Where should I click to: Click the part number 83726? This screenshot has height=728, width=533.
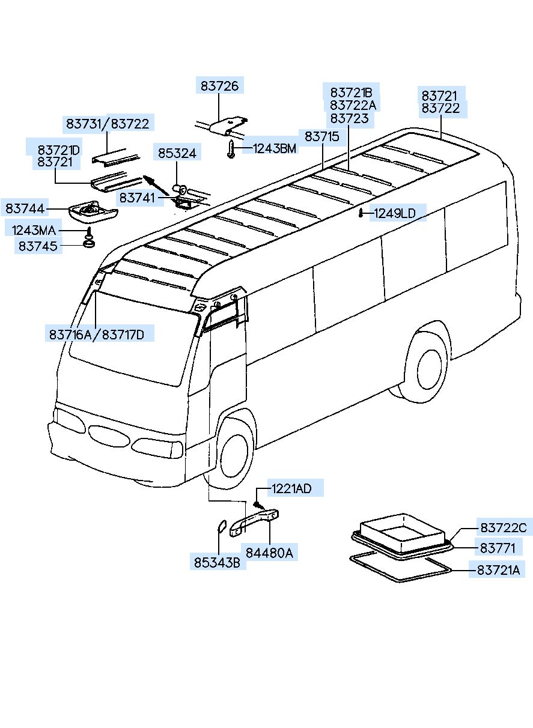pos(219,86)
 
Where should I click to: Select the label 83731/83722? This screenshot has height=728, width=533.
pos(108,123)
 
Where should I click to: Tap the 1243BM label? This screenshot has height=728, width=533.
pos(275,149)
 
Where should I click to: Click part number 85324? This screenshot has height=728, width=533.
pos(177,154)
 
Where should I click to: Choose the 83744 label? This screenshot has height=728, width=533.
pos(25,208)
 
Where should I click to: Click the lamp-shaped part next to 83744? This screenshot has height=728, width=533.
pos(92,211)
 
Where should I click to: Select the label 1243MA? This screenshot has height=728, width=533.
pos(33,230)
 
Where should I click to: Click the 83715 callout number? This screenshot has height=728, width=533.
pos(322,137)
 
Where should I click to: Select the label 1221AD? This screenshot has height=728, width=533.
pos(291,488)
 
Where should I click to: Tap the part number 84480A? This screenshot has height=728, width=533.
pos(269,553)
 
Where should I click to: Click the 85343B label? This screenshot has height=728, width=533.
pos(217,563)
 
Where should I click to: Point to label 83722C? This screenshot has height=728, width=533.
pos(504,528)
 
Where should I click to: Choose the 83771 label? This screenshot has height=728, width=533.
pos(497,547)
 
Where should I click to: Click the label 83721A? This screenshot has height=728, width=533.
pos(499,570)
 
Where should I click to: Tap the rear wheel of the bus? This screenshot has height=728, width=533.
pos(428,366)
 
